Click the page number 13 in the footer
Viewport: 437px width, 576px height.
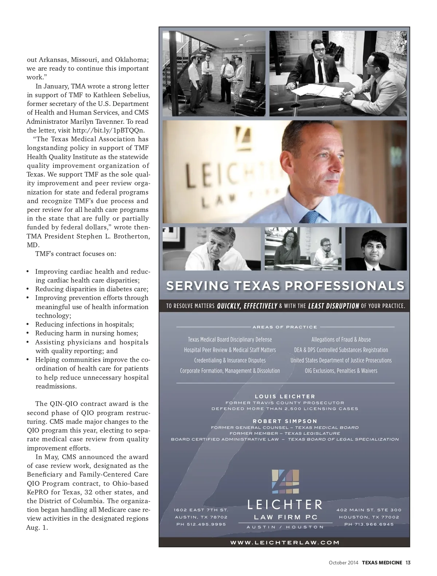408,563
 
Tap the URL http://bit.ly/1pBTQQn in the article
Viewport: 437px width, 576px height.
109,130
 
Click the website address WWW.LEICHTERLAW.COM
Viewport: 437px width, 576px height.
284,543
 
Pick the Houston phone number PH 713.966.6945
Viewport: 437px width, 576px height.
369,524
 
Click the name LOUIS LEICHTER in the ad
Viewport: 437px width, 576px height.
285,397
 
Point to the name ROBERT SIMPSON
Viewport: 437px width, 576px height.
285,421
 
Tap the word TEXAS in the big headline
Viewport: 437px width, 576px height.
257,286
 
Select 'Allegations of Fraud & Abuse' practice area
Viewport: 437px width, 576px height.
341,340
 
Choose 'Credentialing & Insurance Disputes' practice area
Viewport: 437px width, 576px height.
230,360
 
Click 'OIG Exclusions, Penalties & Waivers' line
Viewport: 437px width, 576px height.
341,371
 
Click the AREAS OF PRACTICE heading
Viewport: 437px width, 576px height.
285,327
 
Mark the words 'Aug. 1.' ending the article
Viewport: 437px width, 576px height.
37,528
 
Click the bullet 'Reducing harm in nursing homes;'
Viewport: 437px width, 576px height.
87,333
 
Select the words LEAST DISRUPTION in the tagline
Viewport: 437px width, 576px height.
333,306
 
